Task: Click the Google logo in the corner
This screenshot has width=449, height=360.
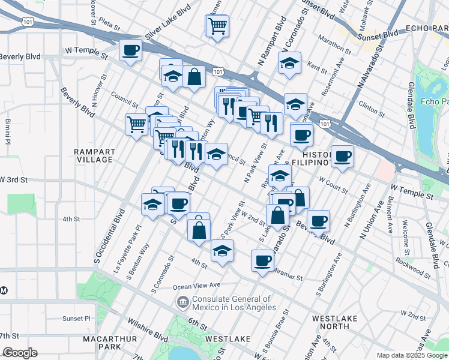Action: tap(19, 353)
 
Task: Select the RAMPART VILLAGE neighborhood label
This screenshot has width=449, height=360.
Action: tap(94, 155)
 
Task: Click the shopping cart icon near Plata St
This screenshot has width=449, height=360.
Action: tap(217, 26)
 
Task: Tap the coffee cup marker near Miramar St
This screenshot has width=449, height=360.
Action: tap(262, 260)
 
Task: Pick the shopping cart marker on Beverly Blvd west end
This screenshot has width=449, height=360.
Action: tap(136, 124)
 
